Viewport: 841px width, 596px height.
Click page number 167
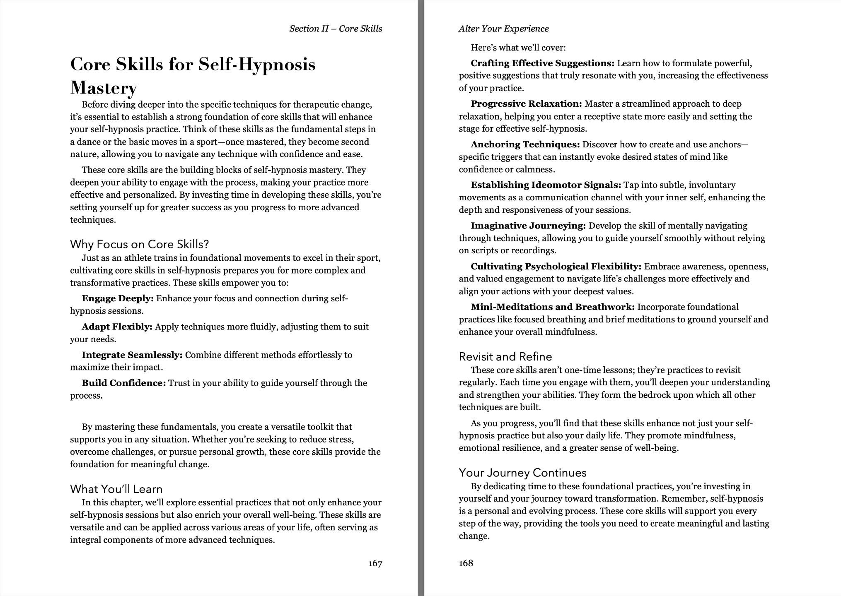[x=375, y=563]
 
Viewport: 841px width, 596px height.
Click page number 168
[x=466, y=563]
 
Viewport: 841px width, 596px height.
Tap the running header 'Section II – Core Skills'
[x=336, y=29]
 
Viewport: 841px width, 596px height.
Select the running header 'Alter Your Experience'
[x=503, y=29]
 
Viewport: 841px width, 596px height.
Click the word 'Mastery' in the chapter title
[x=104, y=87]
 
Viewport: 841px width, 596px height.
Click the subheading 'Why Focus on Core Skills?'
[x=139, y=244]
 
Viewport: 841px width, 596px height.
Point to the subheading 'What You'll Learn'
[x=116, y=489]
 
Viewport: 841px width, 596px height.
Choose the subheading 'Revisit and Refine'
[x=505, y=357]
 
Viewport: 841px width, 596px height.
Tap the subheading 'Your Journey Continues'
[x=522, y=473]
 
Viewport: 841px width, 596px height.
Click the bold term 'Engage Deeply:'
[x=118, y=298]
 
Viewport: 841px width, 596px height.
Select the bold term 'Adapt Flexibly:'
[x=117, y=327]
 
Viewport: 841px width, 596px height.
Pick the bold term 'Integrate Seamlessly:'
[x=132, y=355]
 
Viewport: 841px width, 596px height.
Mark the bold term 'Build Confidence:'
[x=124, y=383]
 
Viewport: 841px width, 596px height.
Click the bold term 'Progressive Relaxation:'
[x=526, y=104]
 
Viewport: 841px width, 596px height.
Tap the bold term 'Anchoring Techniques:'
[x=525, y=144]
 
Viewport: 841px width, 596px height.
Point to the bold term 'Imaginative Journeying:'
[x=528, y=226]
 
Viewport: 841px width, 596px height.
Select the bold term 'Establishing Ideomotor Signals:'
[x=546, y=185]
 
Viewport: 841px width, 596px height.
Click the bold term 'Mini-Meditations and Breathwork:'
[x=553, y=307]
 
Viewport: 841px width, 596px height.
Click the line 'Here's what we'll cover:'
[x=518, y=48]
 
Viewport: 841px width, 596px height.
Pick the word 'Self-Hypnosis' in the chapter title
[x=256, y=65]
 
